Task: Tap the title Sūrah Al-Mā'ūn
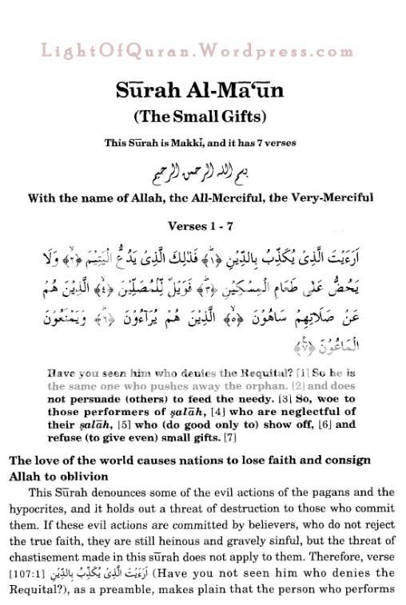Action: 202,89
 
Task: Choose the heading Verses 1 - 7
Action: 202,226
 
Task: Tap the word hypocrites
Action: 42,507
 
